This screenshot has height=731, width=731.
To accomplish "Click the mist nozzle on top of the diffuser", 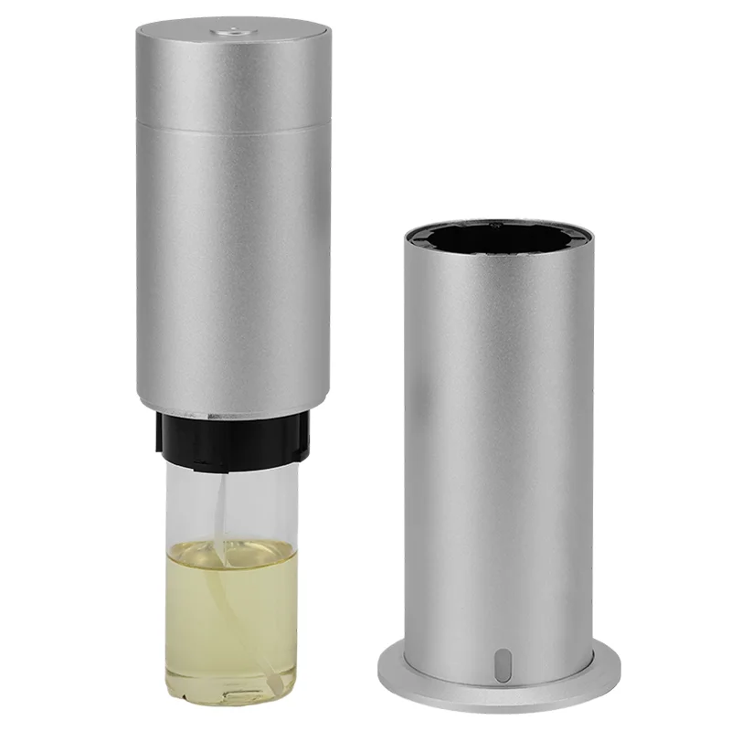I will [233, 31].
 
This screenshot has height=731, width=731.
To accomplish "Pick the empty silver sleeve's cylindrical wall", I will [499, 439].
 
